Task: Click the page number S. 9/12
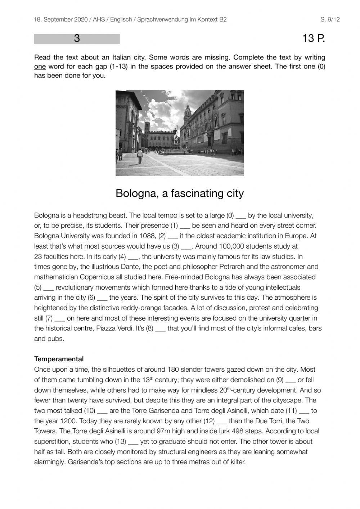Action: [x=330, y=19]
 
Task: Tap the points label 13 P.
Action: [x=314, y=39]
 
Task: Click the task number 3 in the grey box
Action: [x=77, y=39]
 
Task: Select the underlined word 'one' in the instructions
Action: [x=40, y=67]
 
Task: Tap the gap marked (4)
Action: [x=133, y=257]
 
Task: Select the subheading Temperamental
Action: [x=59, y=359]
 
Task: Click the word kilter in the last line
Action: [x=235, y=462]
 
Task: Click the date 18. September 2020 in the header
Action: [x=60, y=19]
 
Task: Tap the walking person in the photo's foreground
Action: [x=140, y=156]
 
